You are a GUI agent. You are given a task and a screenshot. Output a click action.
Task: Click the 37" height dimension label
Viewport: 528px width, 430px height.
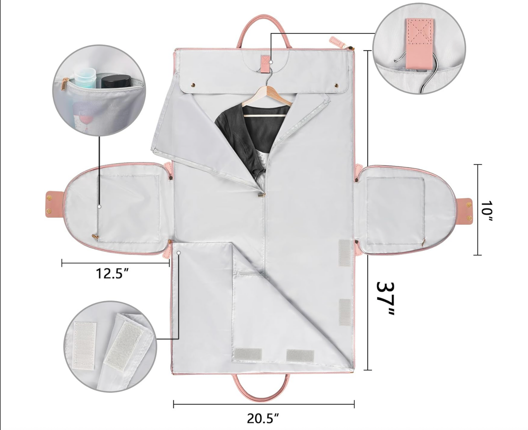(385, 298)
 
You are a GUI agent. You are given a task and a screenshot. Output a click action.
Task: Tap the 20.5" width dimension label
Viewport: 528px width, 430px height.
(263, 418)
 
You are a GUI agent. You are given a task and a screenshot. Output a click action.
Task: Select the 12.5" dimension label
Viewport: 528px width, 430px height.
(112, 273)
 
